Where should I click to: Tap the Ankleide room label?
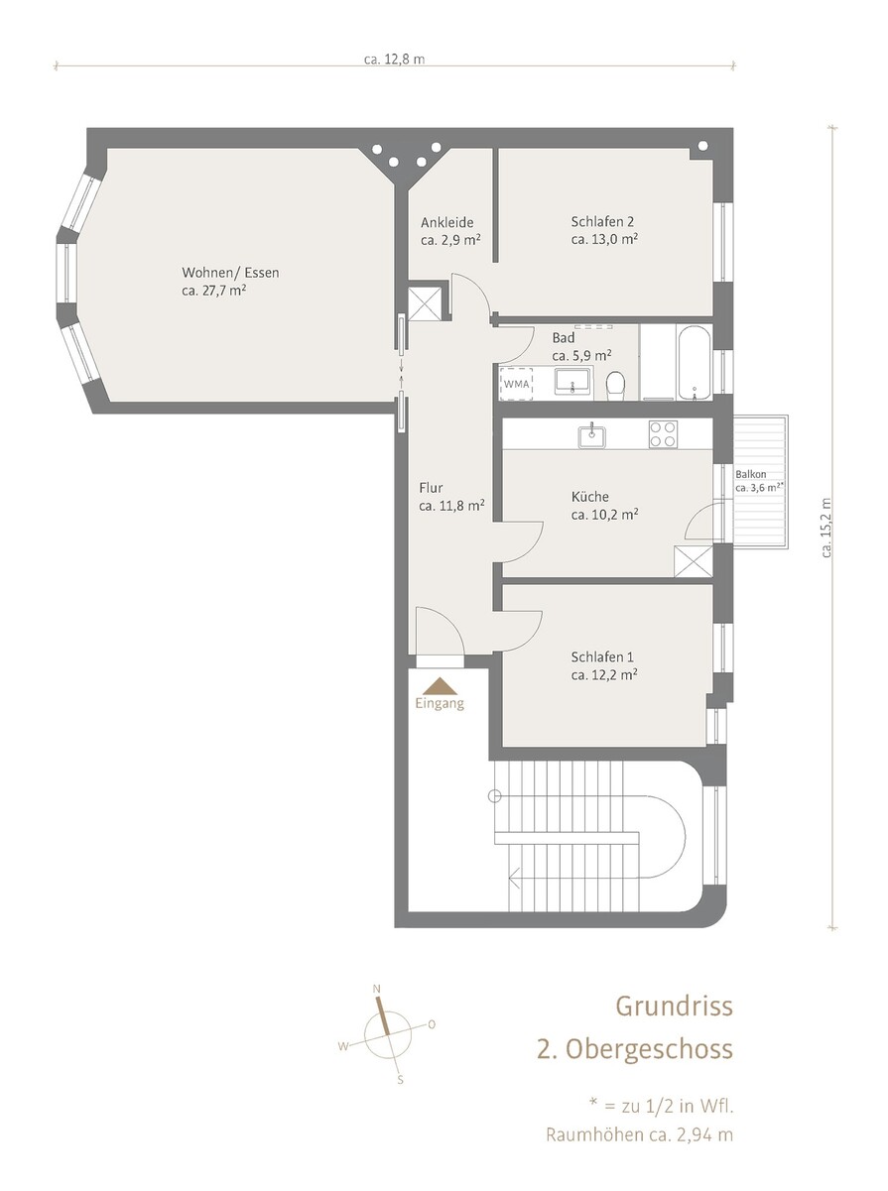coord(446,222)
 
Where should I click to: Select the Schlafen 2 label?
coord(602,222)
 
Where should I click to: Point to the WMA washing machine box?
coord(516,384)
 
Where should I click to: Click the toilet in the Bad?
coord(615,385)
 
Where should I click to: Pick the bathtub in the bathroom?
coord(695,362)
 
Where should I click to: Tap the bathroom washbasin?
coord(573,380)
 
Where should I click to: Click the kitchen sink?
coord(593,434)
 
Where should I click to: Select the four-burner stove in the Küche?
coord(663,434)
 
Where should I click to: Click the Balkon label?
coord(751,474)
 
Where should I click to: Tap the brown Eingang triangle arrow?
coord(440,686)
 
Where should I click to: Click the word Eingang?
coord(440,704)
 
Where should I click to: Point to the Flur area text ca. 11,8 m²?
coord(451,506)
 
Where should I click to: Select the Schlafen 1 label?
coord(602,657)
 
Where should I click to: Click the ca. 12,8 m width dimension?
coord(395,60)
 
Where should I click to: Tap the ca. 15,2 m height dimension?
coord(826,528)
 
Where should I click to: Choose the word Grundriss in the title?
coord(674,1006)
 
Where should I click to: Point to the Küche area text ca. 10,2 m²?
coord(604,515)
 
